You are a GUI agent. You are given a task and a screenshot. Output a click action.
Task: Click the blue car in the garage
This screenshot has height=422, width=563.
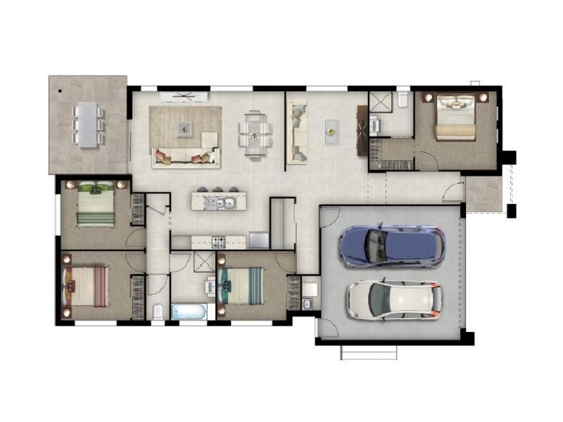click(391, 246)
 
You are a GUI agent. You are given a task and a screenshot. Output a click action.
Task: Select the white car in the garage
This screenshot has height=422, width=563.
click(394, 299)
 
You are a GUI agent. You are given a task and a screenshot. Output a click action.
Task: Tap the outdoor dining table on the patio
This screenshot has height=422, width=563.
click(88, 124)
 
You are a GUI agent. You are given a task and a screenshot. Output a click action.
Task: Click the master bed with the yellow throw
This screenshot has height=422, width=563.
click(456, 117)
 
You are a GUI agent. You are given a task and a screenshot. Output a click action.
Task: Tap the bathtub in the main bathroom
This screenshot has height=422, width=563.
click(189, 312)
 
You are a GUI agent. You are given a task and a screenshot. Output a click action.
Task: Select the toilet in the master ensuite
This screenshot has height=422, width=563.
click(403, 99)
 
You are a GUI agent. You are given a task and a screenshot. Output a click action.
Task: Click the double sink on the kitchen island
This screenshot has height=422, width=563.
click(224, 203)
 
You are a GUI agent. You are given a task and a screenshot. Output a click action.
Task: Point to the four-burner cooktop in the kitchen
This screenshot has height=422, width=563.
click(218, 242)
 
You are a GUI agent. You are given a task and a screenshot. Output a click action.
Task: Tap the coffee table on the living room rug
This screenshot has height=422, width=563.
click(184, 128)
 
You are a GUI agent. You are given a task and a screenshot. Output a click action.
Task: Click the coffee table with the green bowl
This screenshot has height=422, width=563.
click(331, 132)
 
